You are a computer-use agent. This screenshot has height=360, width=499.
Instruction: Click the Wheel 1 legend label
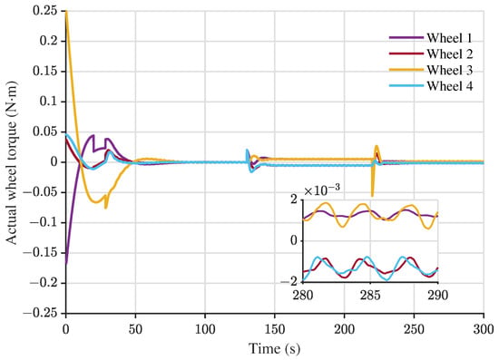tap(449, 38)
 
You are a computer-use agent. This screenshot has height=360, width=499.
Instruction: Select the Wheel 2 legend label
tap(450, 54)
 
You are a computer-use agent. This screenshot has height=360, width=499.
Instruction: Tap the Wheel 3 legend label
tap(450, 70)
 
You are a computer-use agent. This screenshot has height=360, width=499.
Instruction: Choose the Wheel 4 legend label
tap(450, 86)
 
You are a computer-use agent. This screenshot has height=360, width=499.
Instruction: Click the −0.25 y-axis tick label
tap(41, 313)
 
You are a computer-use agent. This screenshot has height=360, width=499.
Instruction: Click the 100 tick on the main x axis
tap(205, 329)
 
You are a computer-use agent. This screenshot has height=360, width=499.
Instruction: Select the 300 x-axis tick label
tap(484, 329)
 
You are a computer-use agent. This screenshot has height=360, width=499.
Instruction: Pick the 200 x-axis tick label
tap(344, 329)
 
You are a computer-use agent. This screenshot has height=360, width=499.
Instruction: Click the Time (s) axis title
tap(274, 348)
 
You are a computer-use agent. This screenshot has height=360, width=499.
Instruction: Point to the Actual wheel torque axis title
tap(12, 162)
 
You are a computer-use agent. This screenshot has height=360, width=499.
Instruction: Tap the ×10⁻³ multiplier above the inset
tap(322, 190)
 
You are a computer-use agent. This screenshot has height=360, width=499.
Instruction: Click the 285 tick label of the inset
tap(370, 295)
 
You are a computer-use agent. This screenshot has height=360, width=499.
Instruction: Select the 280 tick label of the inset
tap(303, 295)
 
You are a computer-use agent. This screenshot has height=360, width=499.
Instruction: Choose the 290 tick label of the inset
tap(438, 295)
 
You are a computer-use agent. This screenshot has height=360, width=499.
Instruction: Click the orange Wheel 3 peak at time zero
tap(66, 12)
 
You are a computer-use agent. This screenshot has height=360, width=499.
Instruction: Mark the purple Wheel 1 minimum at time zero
tap(66, 263)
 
